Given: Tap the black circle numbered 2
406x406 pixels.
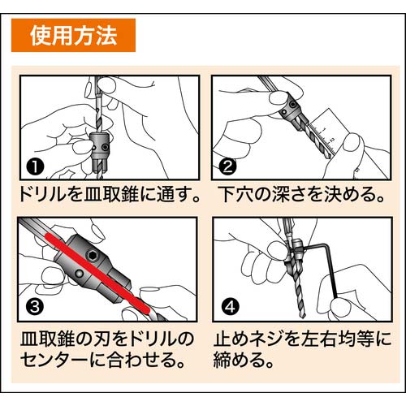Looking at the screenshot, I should point(229,168).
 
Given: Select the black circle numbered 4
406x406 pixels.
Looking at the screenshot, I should point(229,306).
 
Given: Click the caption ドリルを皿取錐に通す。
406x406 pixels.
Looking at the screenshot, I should point(104,196).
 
